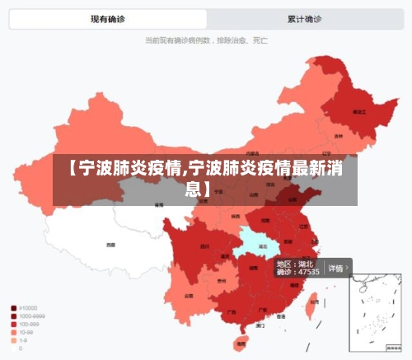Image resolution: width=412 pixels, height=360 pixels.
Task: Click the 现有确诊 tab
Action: (107, 18)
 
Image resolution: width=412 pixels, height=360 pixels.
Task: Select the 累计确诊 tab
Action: (304, 18)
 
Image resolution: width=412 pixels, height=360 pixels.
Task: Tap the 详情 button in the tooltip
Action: (337, 268)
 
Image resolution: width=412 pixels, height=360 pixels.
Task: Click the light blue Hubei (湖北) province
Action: (256, 240)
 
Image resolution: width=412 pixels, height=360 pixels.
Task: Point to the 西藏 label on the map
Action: (111, 245)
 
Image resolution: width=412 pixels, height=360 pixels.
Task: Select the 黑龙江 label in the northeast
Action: (358, 110)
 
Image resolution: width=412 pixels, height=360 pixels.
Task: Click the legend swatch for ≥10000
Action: (14, 308)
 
